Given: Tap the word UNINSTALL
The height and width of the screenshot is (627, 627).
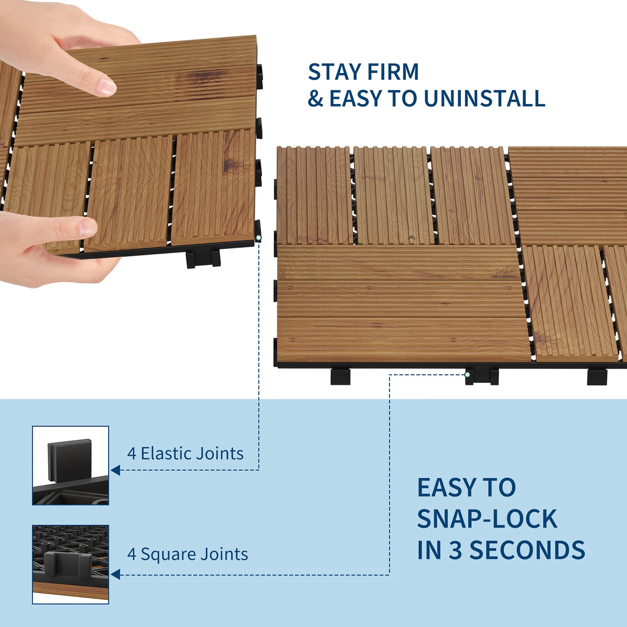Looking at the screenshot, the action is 484,99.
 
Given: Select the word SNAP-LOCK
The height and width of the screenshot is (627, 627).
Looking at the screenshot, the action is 487,519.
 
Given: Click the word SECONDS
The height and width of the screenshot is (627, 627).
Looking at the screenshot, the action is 527,550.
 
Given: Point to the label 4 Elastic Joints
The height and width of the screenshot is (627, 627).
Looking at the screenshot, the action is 185,454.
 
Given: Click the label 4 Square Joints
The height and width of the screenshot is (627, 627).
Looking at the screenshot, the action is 187,554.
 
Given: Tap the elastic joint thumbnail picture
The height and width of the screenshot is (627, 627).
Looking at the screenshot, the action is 71,465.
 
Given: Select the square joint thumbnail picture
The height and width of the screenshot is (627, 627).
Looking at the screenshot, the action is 71,564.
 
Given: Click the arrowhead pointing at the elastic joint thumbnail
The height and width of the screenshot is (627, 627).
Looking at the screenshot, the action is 115,470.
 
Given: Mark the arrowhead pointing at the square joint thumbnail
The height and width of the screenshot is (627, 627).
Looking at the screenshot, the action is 115,575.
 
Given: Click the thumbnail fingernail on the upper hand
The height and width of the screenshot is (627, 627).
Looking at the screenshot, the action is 107,87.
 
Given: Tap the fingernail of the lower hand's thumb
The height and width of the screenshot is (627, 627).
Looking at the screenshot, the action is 88,228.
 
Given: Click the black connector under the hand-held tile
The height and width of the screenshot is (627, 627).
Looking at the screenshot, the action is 203,259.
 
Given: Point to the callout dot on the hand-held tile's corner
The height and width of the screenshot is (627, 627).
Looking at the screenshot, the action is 258,238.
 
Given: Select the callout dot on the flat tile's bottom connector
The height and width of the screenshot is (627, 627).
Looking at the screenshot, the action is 468,375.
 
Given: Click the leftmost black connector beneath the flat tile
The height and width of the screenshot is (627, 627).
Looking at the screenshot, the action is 340,376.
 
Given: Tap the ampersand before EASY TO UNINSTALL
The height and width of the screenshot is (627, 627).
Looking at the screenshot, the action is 316,99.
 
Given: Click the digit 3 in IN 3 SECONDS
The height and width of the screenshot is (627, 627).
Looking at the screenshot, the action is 455,550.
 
